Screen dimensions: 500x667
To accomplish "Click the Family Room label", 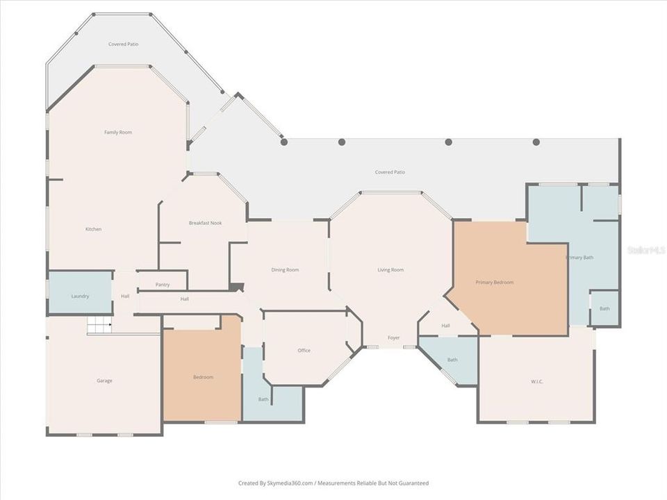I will (x=118, y=132).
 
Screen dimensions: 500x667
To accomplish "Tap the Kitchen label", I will (x=94, y=229).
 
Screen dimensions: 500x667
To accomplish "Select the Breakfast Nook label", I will (x=205, y=223).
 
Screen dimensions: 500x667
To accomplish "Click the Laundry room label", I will (x=80, y=296).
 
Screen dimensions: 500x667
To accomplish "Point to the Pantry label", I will (x=163, y=285).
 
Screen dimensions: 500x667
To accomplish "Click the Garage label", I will (x=104, y=381).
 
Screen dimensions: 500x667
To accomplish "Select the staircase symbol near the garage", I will (x=99, y=324).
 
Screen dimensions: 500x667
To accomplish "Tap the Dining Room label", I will (x=285, y=269).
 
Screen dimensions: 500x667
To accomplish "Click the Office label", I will (x=304, y=351).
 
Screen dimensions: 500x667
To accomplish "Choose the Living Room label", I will (x=390, y=269).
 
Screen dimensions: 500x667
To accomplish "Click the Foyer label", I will (x=394, y=337).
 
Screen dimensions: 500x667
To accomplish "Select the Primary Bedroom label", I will (x=495, y=283).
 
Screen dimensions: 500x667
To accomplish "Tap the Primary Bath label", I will (x=579, y=258).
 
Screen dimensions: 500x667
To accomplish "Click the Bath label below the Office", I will (x=263, y=399).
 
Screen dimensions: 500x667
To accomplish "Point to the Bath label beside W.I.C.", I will (x=452, y=360).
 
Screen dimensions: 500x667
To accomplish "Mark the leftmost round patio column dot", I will (x=283, y=142).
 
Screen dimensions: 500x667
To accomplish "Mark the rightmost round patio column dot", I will (x=536, y=142).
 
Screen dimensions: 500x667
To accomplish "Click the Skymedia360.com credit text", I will (x=333, y=483).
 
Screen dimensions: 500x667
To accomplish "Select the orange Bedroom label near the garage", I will (x=203, y=377).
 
